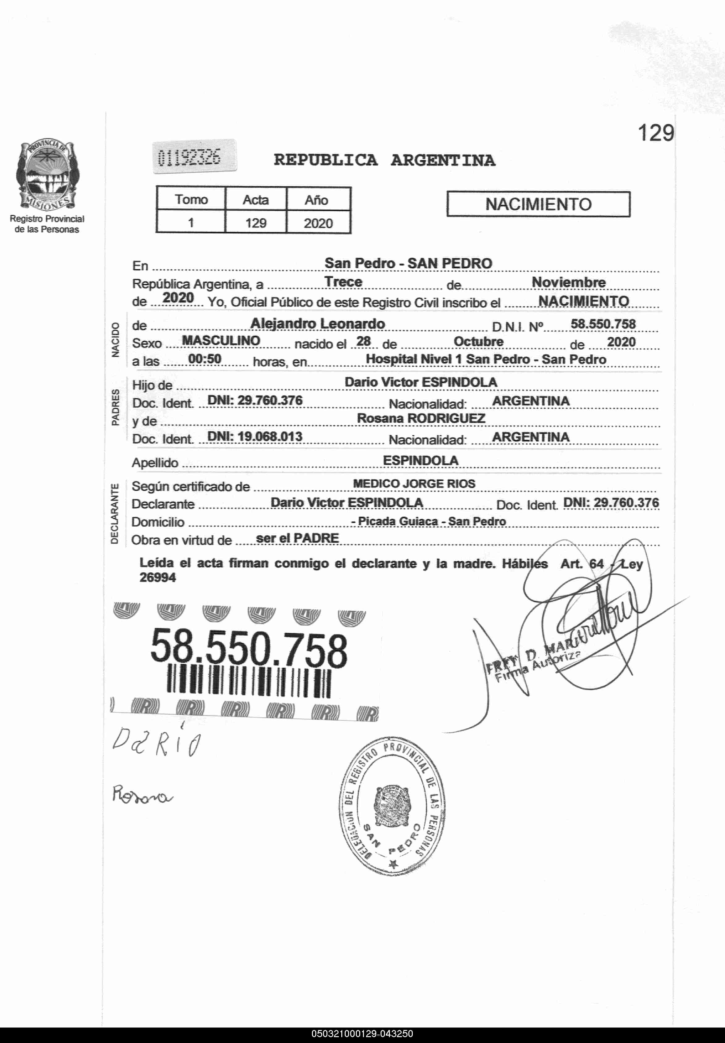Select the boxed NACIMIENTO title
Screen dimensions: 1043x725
click(538, 205)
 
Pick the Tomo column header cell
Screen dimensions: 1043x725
click(191, 200)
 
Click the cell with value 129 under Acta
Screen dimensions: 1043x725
click(256, 223)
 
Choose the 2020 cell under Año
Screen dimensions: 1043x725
click(318, 223)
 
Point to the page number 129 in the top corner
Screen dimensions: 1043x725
click(655, 133)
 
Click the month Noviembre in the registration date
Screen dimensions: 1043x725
click(568, 282)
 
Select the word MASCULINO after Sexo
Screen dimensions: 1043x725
click(221, 340)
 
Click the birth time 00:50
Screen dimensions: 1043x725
click(205, 359)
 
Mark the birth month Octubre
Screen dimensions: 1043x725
click(479, 342)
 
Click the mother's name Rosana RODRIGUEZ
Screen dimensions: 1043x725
click(421, 418)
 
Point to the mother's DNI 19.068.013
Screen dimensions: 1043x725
click(255, 437)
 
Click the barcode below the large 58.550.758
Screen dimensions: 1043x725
click(249, 682)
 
